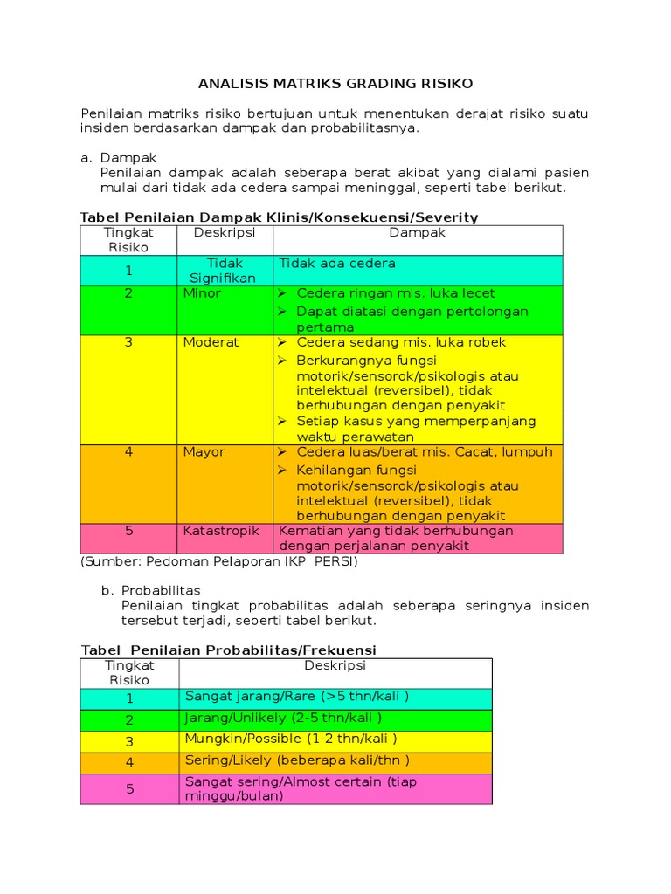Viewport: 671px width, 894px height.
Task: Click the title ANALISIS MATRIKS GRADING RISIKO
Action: pyautogui.click(x=335, y=84)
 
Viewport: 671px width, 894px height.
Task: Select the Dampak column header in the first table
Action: pyautogui.click(x=417, y=233)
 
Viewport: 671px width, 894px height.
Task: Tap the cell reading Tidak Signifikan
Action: pyautogui.click(x=225, y=271)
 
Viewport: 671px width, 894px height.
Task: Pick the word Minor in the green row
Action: pyautogui.click(x=202, y=293)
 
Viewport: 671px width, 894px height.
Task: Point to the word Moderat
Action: pyautogui.click(x=211, y=342)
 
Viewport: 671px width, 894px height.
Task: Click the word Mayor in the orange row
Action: pyautogui.click(x=204, y=452)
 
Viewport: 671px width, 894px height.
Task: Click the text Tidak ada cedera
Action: pyautogui.click(x=337, y=264)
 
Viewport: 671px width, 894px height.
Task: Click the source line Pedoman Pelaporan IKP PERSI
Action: pyautogui.click(x=218, y=561)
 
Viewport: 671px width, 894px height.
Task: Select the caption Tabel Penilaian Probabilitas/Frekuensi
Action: pyautogui.click(x=228, y=650)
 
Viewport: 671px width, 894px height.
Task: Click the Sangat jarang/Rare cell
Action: pyautogui.click(x=297, y=696)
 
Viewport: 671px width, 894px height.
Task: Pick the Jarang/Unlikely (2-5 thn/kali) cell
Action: pyautogui.click(x=283, y=718)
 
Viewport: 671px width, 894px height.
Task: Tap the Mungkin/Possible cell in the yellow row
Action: pyautogui.click(x=285, y=739)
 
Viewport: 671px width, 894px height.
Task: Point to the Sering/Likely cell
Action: pyautogui.click(x=297, y=760)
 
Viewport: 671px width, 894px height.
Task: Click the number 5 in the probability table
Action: pyautogui.click(x=129, y=789)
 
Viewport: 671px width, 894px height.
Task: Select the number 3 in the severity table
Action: pyautogui.click(x=128, y=342)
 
